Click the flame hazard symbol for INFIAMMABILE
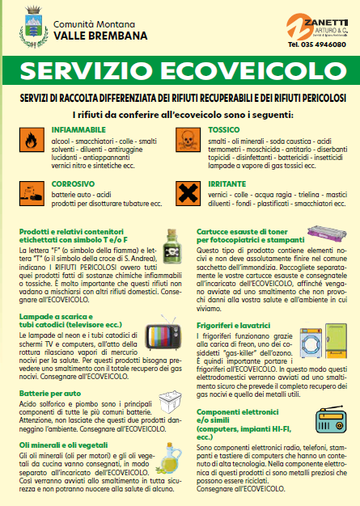coord(30,137)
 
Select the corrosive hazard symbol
coord(30,192)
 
